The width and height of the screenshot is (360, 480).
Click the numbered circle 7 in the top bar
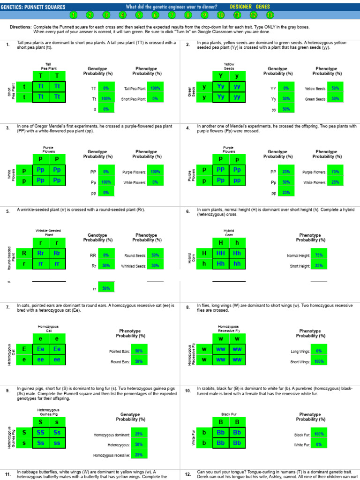[x=172, y=15]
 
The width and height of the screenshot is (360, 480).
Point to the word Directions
[x=21, y=27]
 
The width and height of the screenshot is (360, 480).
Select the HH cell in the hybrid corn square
[x=220, y=253]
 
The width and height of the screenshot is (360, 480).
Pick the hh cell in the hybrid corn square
[x=237, y=264]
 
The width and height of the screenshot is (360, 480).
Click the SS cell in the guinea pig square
[x=41, y=432]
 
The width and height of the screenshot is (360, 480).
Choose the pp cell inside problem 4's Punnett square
[x=237, y=180]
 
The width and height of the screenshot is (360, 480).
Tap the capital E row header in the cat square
[x=24, y=349]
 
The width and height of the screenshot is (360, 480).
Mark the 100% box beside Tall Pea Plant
[x=155, y=88]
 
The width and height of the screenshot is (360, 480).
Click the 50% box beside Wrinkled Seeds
[x=155, y=266]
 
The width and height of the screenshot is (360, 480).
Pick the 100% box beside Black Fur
[x=319, y=434]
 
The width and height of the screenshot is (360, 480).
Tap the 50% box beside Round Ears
[x=139, y=361]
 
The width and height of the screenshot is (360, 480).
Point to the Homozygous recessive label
[x=112, y=455]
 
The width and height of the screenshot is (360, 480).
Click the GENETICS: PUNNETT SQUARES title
[x=33, y=7]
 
